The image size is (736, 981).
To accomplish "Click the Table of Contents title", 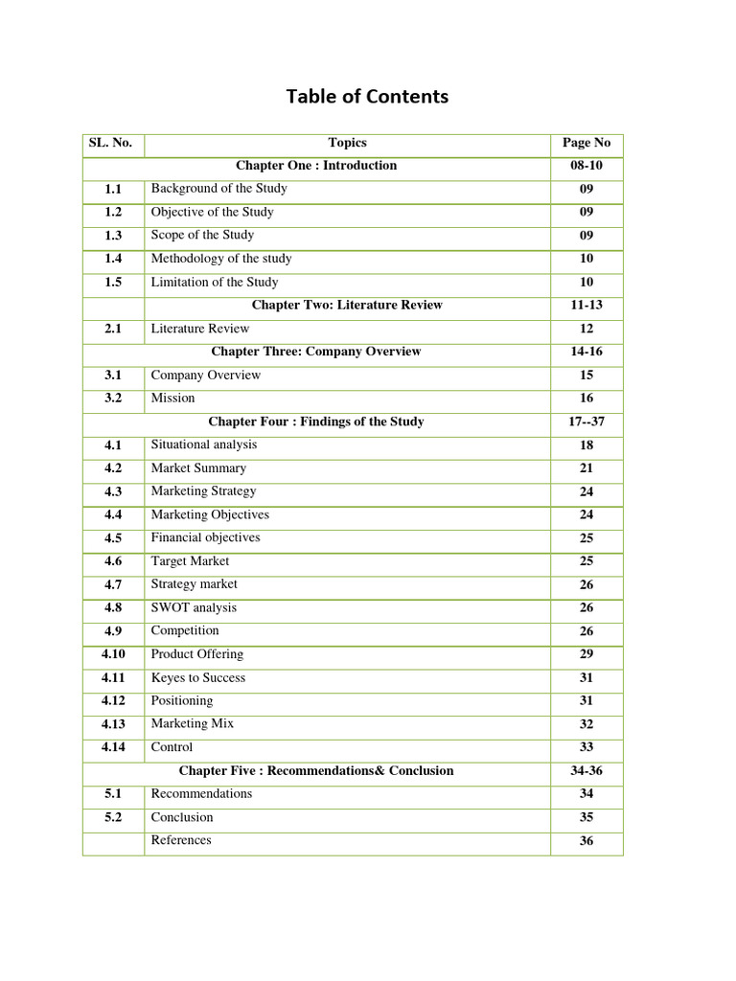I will point(367,97).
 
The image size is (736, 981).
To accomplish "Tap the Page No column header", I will point(586,143).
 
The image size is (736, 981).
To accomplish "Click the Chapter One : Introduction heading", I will point(316,166).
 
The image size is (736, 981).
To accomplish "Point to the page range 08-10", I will point(586,166).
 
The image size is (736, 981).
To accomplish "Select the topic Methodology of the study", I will point(221,259).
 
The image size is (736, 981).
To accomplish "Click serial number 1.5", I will point(113,282).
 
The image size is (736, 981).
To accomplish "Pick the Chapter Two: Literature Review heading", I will point(347,305).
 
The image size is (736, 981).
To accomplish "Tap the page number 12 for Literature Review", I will point(586,329).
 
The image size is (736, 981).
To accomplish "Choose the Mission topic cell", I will point(172,399).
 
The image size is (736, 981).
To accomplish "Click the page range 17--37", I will point(586,422).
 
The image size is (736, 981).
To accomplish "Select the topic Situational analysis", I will point(204,445).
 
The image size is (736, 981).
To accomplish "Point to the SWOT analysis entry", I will point(194,607).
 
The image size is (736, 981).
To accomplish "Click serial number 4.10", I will point(113,654).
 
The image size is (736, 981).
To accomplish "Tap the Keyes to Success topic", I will point(198,677).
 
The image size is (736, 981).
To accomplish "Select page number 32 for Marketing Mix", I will point(586,724).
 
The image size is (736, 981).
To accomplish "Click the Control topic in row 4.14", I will point(172,747).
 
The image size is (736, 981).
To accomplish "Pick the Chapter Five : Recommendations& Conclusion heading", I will point(316,771).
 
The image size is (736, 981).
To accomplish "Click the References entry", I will point(181,840).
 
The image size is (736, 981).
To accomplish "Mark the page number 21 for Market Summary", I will point(586,468).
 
